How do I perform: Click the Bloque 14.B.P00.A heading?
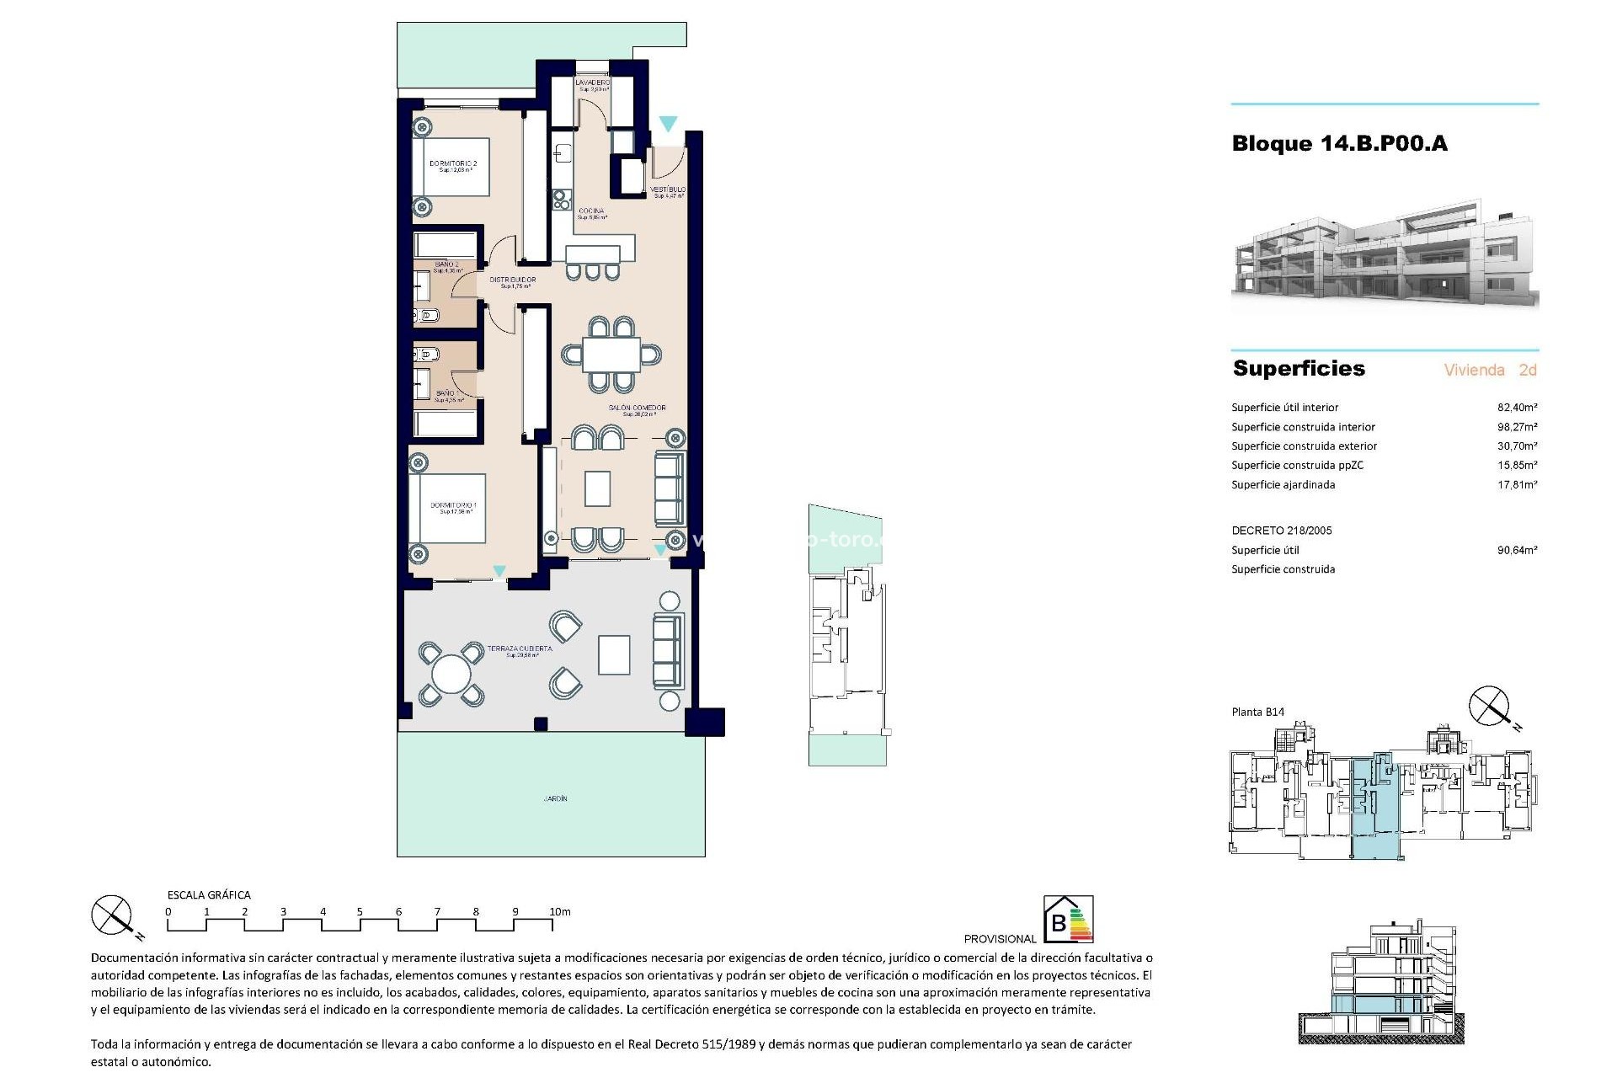pos(1339,144)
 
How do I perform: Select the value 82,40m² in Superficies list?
pos(1517,408)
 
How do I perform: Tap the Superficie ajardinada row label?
pos(1283,485)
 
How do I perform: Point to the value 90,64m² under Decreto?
pos(1517,551)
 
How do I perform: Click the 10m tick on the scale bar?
pos(559,912)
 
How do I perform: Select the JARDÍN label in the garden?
pos(555,798)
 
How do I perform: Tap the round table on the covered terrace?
pos(451,675)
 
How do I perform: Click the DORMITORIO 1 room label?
pos(453,506)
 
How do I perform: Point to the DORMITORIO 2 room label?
pos(453,164)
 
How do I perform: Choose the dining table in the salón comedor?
pos(611,354)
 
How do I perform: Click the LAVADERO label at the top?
pos(592,83)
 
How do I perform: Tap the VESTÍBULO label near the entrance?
pos(668,190)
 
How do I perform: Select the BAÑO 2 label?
pos(446,264)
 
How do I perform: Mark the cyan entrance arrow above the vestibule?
pos(668,125)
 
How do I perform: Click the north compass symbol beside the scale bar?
pos(112,915)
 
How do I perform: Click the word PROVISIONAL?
pos(1000,939)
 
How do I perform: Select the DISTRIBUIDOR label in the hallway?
pos(512,280)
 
